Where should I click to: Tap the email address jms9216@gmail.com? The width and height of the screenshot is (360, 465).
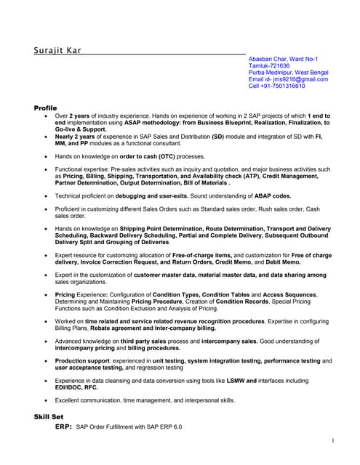pyautogui.click(x=298, y=79)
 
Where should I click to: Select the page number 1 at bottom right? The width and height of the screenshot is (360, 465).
pyautogui.click(x=332, y=441)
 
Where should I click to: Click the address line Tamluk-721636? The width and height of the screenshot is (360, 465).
pyautogui.click(x=269, y=65)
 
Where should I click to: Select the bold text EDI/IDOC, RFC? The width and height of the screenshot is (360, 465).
pyautogui.click(x=76, y=387)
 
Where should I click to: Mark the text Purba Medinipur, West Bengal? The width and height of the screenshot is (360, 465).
pyautogui.click(x=288, y=73)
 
